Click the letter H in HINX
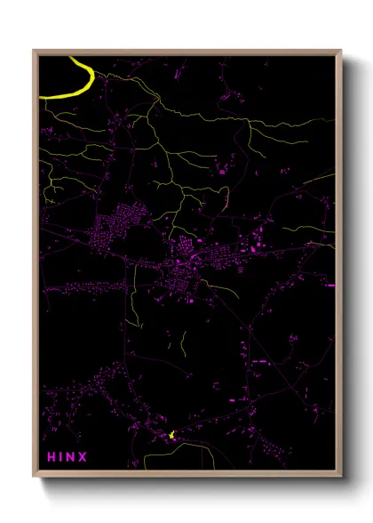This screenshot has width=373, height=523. pos(52,458)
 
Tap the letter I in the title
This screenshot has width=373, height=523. pos(62,458)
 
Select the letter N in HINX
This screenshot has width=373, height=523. pos(72,458)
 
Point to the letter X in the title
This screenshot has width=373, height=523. pos(83,458)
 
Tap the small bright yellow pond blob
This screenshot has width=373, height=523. pos(171,435)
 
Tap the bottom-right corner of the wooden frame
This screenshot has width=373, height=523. pos(341,478)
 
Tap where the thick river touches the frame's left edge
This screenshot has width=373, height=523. pos(41,93)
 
